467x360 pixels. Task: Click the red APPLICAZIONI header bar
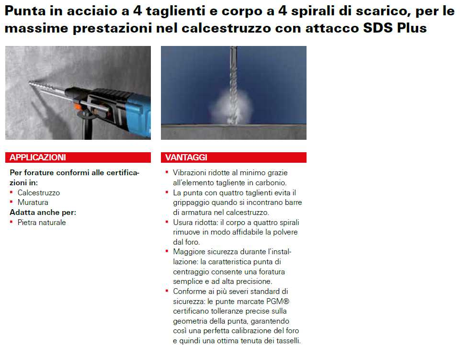pyautogui.click(x=78, y=157)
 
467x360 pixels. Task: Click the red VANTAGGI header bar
pyautogui.click(x=233, y=157)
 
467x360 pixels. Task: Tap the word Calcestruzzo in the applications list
pyautogui.click(x=39, y=193)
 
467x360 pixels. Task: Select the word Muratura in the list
pyautogui.click(x=33, y=202)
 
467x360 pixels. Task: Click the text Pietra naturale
pyautogui.click(x=42, y=223)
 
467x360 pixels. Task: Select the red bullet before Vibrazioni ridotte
pyautogui.click(x=167, y=172)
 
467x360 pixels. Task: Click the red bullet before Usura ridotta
pyautogui.click(x=167, y=222)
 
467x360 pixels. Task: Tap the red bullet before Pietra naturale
pyautogui.click(x=11, y=222)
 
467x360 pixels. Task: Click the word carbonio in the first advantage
pyautogui.click(x=272, y=182)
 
